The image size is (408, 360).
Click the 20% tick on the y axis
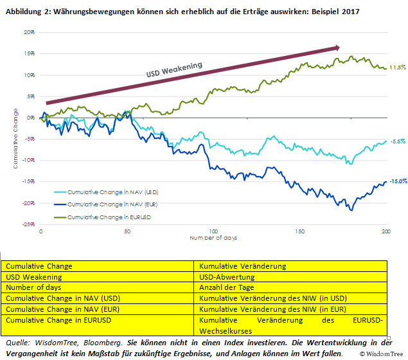pos(28,32)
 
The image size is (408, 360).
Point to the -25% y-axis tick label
pos(26,224)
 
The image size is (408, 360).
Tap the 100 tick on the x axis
pos(213,231)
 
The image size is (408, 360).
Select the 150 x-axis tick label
pos(299,231)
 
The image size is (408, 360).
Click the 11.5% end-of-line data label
pos(398,67)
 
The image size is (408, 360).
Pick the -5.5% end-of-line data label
pos(398,141)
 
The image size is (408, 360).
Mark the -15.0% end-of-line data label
pos(398,181)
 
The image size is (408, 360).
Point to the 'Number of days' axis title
pos(213,238)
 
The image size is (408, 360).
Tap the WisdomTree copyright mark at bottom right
pos(382,354)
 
